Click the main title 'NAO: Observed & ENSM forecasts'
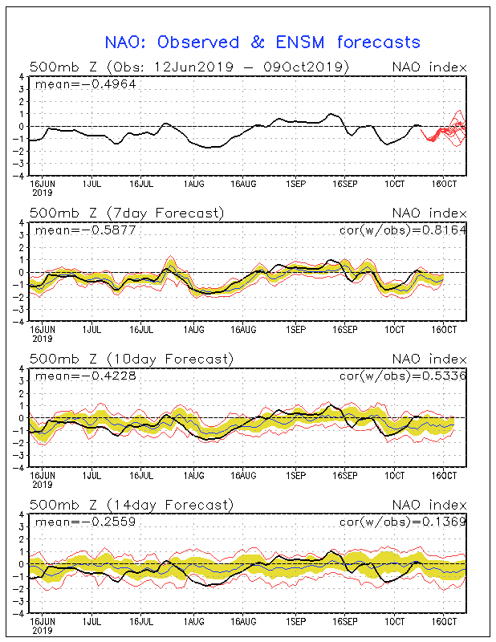pyautogui.click(x=262, y=42)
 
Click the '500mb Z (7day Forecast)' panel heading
pyautogui.click(x=127, y=213)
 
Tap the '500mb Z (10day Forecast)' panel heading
pyautogui.click(x=131, y=359)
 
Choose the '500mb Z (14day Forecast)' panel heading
pyautogui.click(x=131, y=505)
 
